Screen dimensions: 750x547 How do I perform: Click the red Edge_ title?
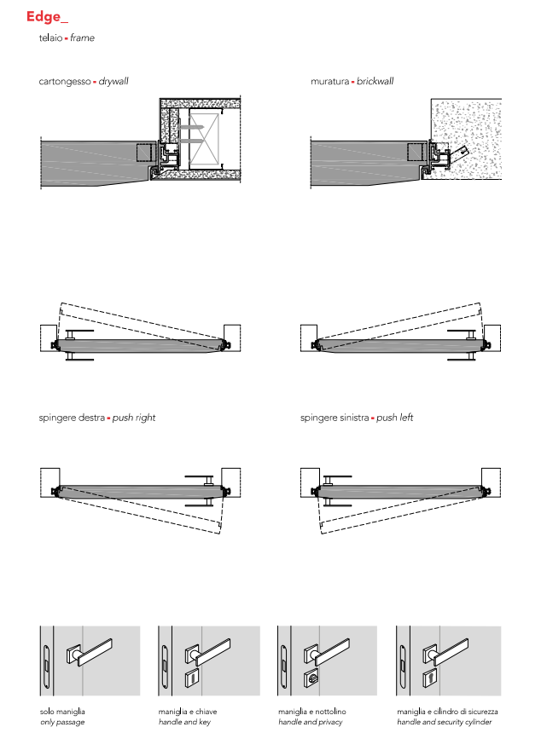tap(45, 16)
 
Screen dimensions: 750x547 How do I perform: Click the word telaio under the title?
tap(50, 38)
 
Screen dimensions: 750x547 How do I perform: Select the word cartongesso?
tap(64, 82)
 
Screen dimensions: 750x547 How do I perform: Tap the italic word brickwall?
tap(375, 82)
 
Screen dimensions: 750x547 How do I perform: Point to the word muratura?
tap(329, 82)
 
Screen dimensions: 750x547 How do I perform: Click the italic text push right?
tap(135, 418)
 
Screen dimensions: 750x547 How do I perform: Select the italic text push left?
tap(394, 418)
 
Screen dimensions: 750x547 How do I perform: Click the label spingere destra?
tap(73, 418)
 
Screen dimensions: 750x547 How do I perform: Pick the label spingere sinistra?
tap(335, 418)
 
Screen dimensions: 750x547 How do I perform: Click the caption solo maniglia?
tap(62, 711)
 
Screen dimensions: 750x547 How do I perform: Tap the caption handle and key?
tap(184, 722)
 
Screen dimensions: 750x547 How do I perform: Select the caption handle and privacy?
tap(310, 722)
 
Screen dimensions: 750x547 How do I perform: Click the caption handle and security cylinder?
tap(444, 722)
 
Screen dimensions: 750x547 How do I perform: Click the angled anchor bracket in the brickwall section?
tap(461, 155)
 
